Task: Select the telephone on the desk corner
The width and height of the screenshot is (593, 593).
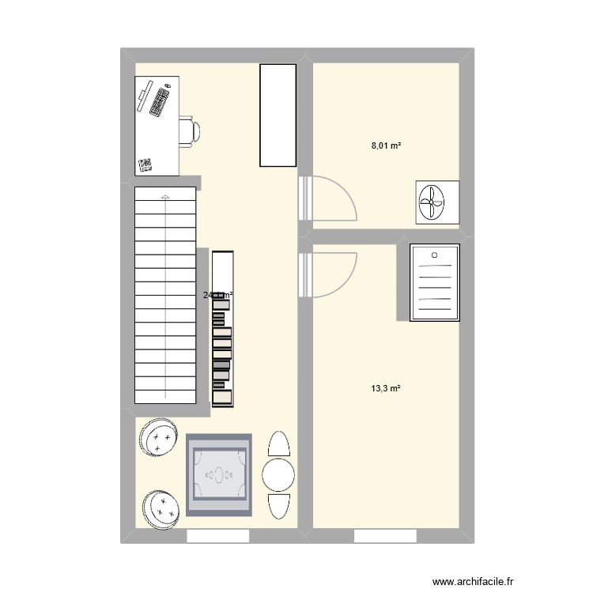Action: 145,164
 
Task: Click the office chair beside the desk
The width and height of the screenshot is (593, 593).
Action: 188,131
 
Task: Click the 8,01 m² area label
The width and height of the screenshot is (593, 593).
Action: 387,146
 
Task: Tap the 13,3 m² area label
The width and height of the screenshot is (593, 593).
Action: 386,388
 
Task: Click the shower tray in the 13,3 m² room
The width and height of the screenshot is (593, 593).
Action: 434,283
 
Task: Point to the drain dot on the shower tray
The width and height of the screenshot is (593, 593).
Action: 434,255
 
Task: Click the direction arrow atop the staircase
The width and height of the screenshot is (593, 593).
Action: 164,195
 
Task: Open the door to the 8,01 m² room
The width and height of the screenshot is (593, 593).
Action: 328,198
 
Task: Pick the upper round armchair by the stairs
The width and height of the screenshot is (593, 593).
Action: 159,436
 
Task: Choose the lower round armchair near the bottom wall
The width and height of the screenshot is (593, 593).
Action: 163,507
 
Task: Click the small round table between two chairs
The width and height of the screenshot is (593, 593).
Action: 278,474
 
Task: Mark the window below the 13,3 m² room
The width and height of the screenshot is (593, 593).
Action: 385,537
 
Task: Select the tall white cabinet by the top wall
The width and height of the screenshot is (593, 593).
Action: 278,115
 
